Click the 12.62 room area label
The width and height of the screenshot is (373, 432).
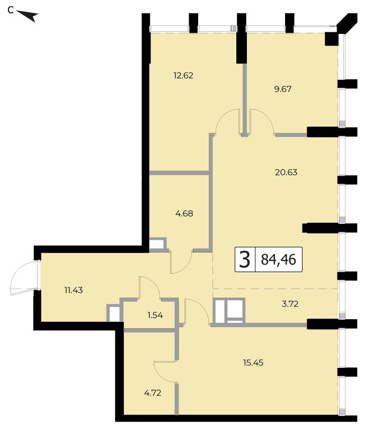tap(183, 75)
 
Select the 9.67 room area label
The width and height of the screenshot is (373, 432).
tap(283, 89)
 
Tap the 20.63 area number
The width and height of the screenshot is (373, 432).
tap(286, 172)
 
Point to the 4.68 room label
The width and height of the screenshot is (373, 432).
tap(184, 213)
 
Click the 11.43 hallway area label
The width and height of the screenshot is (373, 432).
tap(74, 290)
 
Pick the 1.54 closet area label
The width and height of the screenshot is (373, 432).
tap(155, 315)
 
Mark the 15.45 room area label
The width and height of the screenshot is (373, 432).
tap(253, 363)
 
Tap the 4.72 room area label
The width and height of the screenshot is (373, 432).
tap(153, 393)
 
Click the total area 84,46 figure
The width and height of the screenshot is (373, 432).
tap(279, 259)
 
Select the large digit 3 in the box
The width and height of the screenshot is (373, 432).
tap(245, 259)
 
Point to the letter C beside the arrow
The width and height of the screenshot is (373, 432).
tap(11, 10)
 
